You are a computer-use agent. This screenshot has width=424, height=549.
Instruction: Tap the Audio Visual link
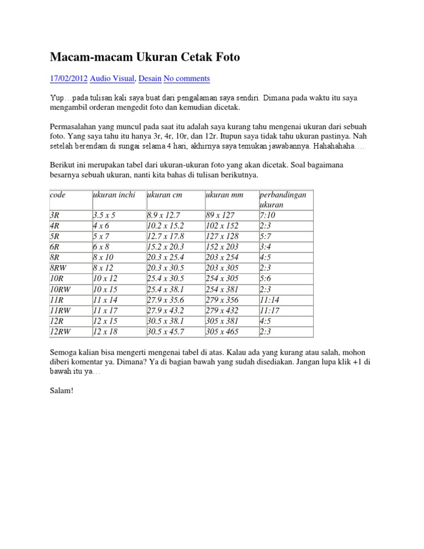tap(112, 78)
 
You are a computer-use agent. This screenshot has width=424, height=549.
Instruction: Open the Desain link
tap(150, 78)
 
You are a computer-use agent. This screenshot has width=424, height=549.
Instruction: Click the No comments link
tap(187, 78)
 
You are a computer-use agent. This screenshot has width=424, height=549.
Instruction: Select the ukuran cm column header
tap(165, 195)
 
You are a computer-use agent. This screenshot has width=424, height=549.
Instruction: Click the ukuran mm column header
tap(224, 195)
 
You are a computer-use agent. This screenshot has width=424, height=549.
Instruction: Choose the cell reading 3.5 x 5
tap(104, 215)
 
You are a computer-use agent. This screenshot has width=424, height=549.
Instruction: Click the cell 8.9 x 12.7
tap(163, 215)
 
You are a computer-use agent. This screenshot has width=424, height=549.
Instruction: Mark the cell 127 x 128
tap(221, 236)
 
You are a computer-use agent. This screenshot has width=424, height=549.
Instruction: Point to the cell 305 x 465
tap(222, 331)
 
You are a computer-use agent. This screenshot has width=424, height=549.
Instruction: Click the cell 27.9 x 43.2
tap(166, 310)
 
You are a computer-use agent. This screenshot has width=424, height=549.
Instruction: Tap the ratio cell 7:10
tap(267, 215)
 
